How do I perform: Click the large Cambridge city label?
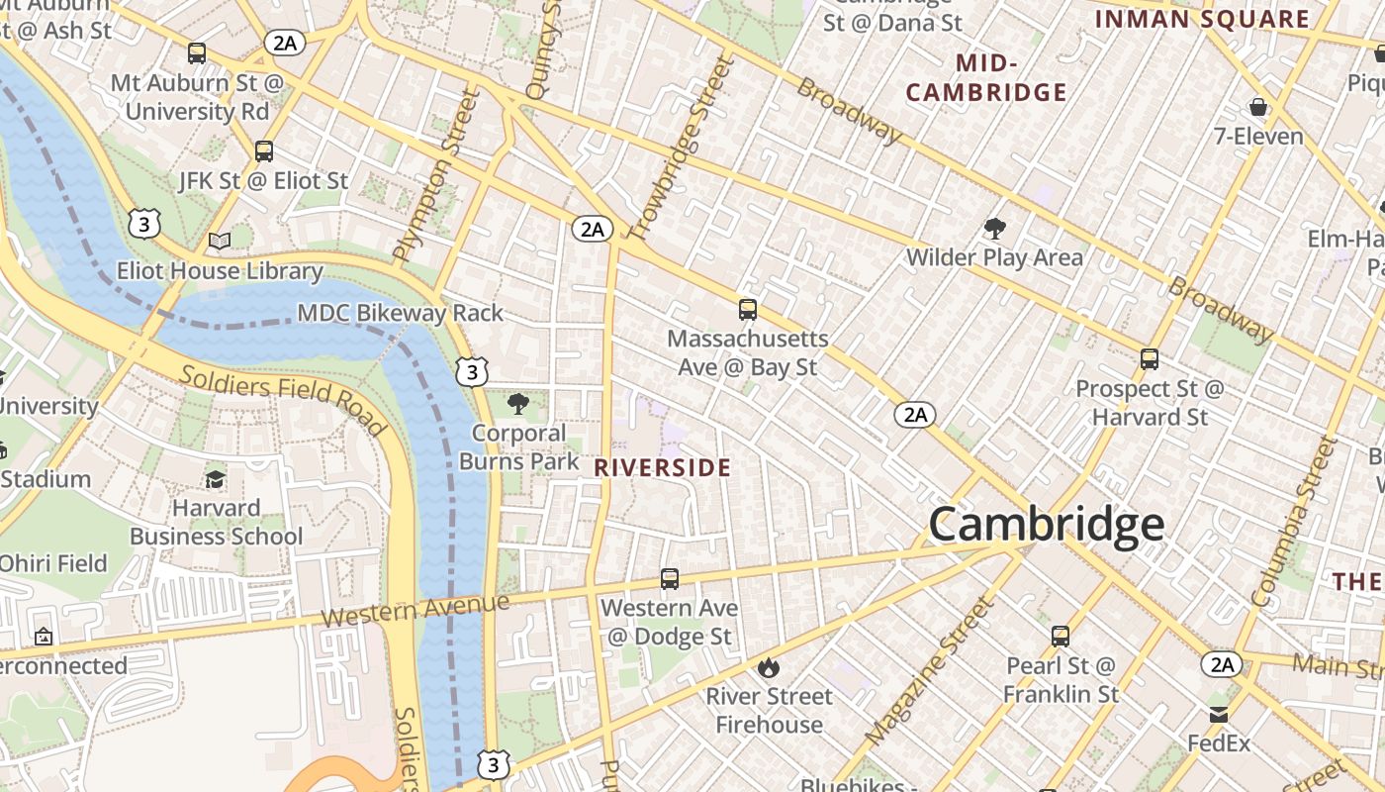point(1046,524)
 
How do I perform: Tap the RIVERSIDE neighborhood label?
point(663,468)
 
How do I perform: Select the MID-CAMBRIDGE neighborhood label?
point(986,78)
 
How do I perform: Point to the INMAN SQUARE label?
point(1202,19)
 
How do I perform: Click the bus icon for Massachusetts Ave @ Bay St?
point(748,310)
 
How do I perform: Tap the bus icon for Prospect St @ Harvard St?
point(1149,359)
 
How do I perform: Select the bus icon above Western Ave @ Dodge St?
point(670,579)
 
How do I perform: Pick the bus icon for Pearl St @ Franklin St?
point(1061,637)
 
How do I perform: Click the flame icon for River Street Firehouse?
point(769,667)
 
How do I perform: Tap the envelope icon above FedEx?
point(1219,715)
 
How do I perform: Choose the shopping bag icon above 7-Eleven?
point(1258,107)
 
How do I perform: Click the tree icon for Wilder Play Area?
point(994,229)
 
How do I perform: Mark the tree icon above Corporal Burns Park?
point(517,404)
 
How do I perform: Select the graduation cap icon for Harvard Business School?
point(215,479)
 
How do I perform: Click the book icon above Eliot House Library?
point(220,242)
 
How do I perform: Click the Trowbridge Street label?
point(683,148)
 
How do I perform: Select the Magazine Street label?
point(927,673)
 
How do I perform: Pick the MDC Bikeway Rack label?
point(401,314)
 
